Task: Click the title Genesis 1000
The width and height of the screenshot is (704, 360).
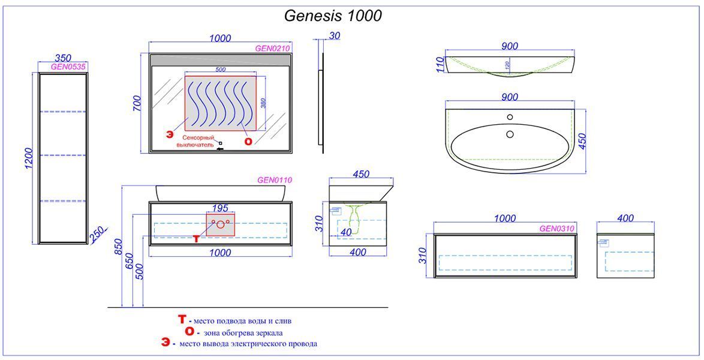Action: (x=333, y=16)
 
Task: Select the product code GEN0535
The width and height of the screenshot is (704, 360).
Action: (x=68, y=67)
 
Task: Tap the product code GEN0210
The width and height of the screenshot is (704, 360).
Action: (x=272, y=49)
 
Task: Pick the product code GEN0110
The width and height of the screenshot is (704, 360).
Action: (x=274, y=180)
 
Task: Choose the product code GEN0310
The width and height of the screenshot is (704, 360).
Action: (x=556, y=229)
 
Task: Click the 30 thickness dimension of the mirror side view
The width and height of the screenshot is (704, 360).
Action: (x=334, y=36)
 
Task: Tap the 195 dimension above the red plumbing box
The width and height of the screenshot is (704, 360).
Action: (x=220, y=208)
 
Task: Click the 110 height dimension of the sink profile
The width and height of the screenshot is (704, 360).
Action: (x=440, y=64)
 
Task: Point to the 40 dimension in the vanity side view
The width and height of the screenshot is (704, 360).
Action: (x=346, y=232)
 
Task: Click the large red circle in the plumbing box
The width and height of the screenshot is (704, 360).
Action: (x=221, y=224)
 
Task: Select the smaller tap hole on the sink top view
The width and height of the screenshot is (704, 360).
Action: (x=510, y=118)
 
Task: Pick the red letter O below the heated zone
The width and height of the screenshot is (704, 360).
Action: (x=248, y=141)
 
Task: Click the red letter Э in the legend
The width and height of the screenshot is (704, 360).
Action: (x=166, y=343)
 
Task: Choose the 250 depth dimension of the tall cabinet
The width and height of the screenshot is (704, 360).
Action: (x=97, y=235)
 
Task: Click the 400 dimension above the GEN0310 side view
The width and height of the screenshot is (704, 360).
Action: (x=625, y=218)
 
